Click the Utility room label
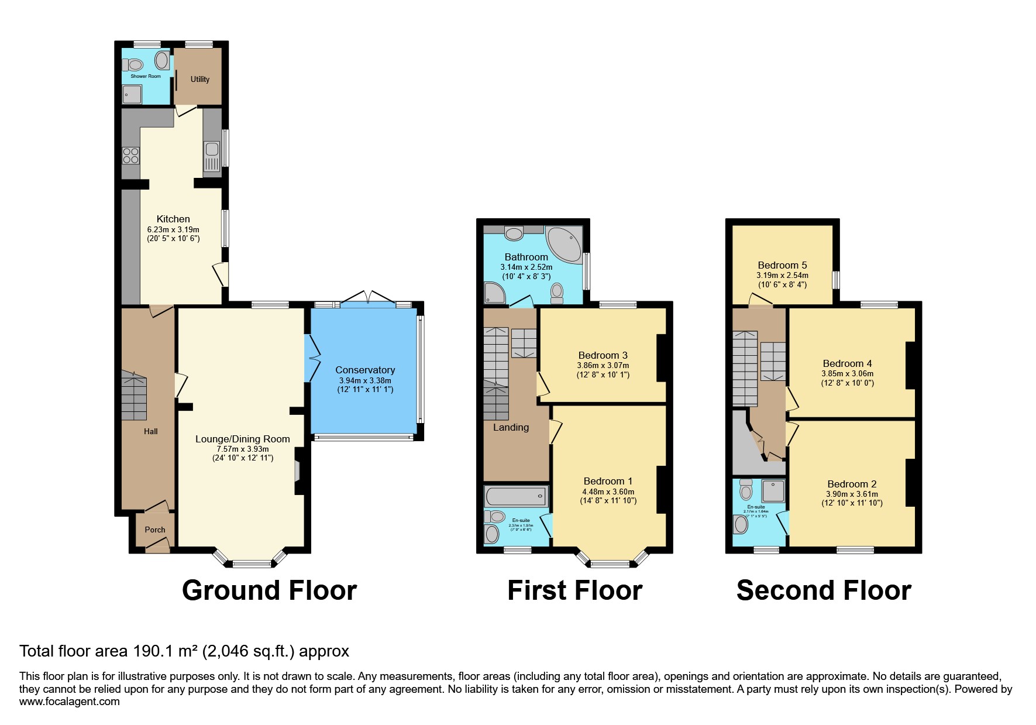199,79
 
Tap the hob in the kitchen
130,156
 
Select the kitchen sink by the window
212,156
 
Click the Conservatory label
365,370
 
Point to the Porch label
155,530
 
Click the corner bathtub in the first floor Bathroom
564,245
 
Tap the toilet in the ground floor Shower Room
134,64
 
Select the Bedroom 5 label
782,265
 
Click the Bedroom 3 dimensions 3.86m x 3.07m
603,365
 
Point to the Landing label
511,427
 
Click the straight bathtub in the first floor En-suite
516,497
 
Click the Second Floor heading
823,590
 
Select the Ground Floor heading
269,590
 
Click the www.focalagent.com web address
70,701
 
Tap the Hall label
151,431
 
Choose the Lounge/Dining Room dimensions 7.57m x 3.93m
243,449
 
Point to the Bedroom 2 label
852,484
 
